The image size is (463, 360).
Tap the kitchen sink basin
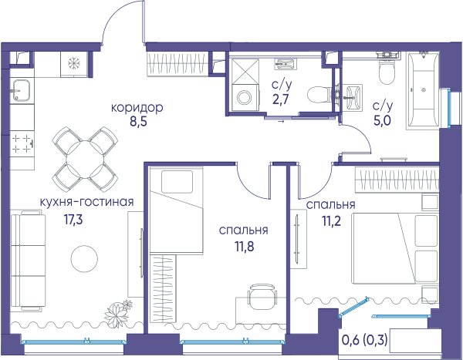pos(20,91)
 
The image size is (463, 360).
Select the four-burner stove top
pos(22,144)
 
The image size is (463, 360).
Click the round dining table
pos(85,160)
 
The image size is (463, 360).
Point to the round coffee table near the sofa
pos(84,258)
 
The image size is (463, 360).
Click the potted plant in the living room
pos(118,313)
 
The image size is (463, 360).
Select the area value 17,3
pos(73,219)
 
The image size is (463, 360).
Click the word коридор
pos(137,108)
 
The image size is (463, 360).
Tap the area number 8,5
pos(138,122)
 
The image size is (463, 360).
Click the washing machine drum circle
pos(245,97)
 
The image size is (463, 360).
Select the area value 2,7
pos(281,99)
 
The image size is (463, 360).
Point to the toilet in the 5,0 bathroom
pos(387,70)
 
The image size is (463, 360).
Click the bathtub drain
pos(424,90)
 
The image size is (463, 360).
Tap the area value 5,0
pos(383,121)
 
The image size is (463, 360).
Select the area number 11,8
pos(245,246)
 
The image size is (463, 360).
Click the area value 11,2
pos(331,220)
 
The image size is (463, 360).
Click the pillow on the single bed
pos(177,182)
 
